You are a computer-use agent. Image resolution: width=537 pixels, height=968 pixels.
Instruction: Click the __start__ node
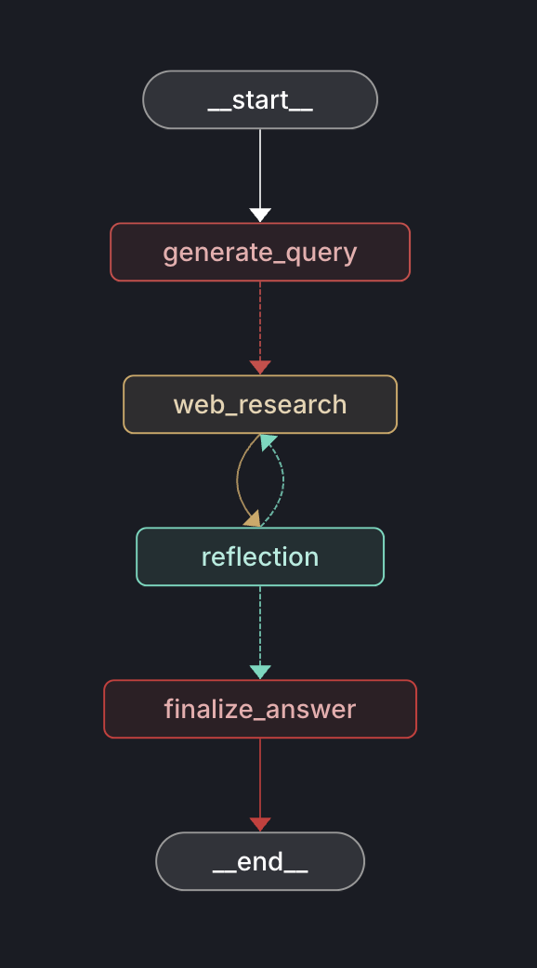[260, 99]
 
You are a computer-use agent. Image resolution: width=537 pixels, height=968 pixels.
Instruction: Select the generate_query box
[260, 252]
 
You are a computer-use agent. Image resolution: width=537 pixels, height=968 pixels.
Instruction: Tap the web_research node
[260, 404]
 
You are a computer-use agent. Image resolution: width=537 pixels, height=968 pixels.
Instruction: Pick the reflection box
[260, 556]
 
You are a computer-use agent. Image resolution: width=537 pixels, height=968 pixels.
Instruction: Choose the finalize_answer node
[260, 709]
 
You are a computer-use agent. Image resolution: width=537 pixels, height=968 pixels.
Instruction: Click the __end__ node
[260, 861]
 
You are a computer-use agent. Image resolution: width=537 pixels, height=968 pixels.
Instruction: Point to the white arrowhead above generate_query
[260, 215]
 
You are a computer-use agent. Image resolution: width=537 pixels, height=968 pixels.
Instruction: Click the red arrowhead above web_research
[260, 367]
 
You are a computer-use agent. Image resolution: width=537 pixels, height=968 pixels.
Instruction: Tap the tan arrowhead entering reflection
[251, 517]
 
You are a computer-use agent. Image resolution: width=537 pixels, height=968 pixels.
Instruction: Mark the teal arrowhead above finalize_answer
[260, 672]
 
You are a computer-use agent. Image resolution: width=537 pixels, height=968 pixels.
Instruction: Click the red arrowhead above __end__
[260, 824]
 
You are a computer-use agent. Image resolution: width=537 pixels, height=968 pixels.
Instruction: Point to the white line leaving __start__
[260, 167]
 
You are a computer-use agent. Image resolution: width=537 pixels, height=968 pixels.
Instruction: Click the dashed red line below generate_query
[260, 320]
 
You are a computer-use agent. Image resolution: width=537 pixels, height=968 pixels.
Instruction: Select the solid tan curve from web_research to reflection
[239, 478]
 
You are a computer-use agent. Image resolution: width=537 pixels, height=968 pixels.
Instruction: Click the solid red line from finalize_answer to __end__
[260, 777]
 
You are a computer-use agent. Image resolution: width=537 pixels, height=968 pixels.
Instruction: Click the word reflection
[260, 556]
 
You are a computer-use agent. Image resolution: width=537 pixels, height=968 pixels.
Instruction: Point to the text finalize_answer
[260, 709]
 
